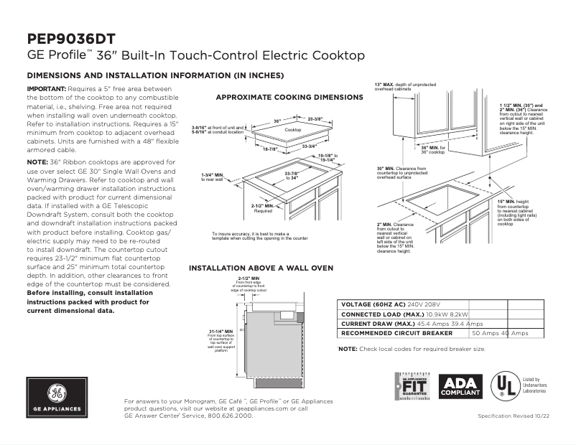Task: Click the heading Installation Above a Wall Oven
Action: pyautogui.click(x=261, y=268)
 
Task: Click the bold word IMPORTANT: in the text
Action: pyautogui.click(x=46, y=88)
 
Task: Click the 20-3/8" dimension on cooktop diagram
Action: pyautogui.click(x=314, y=118)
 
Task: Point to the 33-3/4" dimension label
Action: pyautogui.click(x=310, y=146)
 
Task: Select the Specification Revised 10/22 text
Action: pyautogui.click(x=515, y=417)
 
